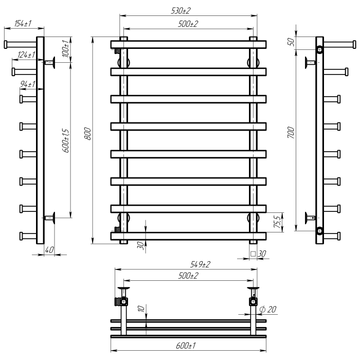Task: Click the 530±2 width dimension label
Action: (181, 11)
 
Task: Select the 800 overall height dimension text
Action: (88, 134)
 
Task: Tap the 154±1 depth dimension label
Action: (23, 24)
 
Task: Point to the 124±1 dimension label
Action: (26, 55)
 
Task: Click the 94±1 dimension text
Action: (28, 84)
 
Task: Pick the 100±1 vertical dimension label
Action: (65, 48)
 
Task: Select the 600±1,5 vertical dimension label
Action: (65, 141)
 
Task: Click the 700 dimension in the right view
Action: (291, 133)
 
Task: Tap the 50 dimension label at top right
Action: (291, 42)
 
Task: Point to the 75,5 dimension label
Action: (277, 222)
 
